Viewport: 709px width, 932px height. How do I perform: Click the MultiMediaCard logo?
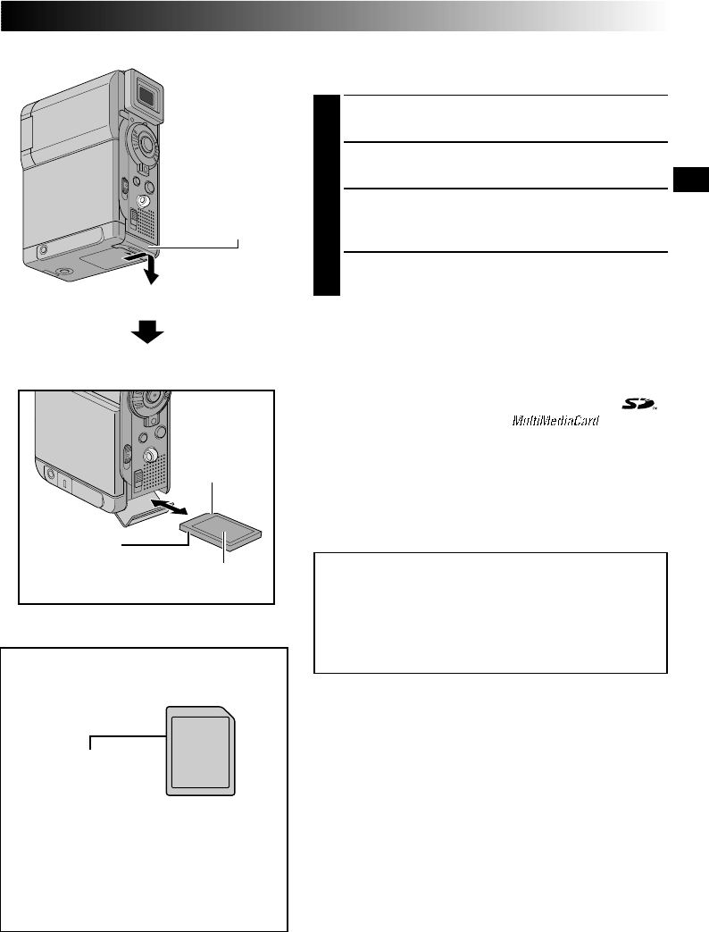click(x=555, y=419)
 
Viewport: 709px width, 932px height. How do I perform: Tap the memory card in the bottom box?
click(x=203, y=751)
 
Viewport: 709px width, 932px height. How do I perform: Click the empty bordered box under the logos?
click(x=490, y=612)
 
